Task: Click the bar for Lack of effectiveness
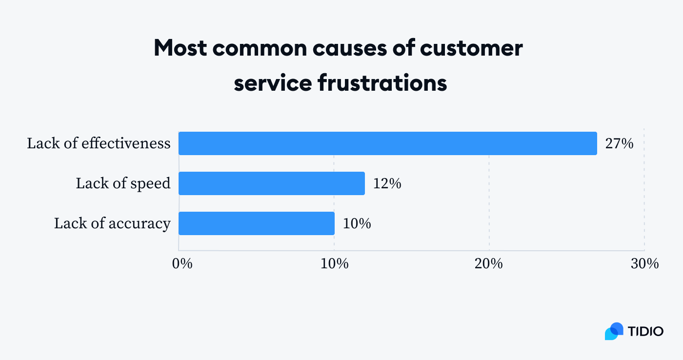coord(387,143)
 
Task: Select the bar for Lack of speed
coord(271,183)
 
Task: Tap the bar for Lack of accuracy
coord(256,223)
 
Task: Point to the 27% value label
coord(619,143)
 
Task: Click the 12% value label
coord(387,183)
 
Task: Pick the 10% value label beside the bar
coord(357,223)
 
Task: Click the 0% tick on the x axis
coord(182,263)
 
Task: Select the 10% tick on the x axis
coord(334,263)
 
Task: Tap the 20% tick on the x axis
coord(489,263)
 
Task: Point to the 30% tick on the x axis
coord(644,263)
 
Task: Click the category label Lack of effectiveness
coord(99,143)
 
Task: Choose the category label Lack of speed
coord(123,183)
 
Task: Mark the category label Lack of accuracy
coord(112,223)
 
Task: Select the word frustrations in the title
coord(382,83)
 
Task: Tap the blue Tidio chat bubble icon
coord(614,331)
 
